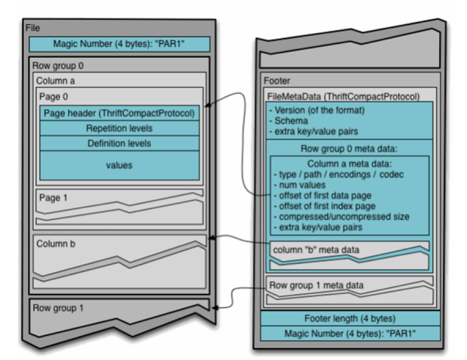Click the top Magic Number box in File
click(119, 44)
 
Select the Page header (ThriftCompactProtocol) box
click(119, 113)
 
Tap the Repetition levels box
click(119, 128)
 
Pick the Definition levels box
click(119, 143)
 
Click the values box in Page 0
click(119, 165)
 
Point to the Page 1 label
click(53, 198)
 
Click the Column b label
click(55, 244)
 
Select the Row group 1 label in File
click(58, 308)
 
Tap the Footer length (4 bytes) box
click(350, 319)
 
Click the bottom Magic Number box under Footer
click(350, 333)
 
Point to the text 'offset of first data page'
click(326, 195)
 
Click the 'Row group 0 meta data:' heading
click(349, 149)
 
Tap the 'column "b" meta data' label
click(316, 249)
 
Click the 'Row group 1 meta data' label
click(316, 285)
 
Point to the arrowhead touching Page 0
click(208, 105)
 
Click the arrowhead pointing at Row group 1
click(214, 307)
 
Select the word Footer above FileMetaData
click(277, 81)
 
